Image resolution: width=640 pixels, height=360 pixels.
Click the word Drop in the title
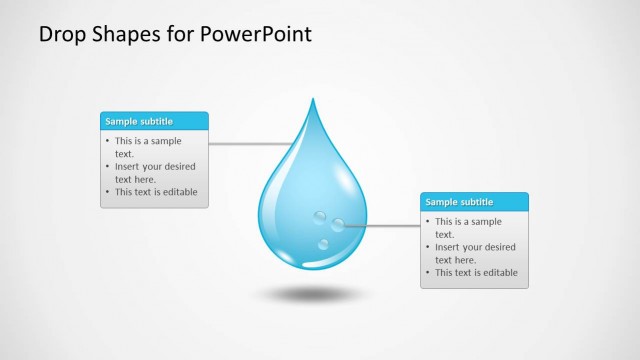[x=60, y=34]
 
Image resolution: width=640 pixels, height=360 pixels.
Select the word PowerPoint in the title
[x=256, y=34]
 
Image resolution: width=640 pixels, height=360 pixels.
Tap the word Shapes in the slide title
[x=125, y=34]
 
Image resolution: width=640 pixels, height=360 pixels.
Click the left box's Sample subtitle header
[x=139, y=121]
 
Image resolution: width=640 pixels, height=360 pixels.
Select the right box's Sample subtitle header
[x=459, y=202]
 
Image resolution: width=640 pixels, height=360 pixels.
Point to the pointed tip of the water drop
[x=313, y=101]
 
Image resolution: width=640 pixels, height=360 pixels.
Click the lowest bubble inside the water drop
[x=324, y=244]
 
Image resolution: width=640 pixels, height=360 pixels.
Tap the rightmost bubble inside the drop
[x=338, y=225]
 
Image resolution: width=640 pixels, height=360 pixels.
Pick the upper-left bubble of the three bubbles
[x=320, y=216]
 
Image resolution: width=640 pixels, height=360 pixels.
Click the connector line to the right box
[x=385, y=226]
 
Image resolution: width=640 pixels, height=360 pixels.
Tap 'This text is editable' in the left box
[x=156, y=192]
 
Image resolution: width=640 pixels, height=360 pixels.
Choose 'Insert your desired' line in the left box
[x=155, y=167]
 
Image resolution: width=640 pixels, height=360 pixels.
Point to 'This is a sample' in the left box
[x=148, y=141]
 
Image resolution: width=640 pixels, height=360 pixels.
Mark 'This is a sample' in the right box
[x=468, y=222]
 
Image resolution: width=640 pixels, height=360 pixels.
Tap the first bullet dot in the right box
[x=428, y=222]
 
